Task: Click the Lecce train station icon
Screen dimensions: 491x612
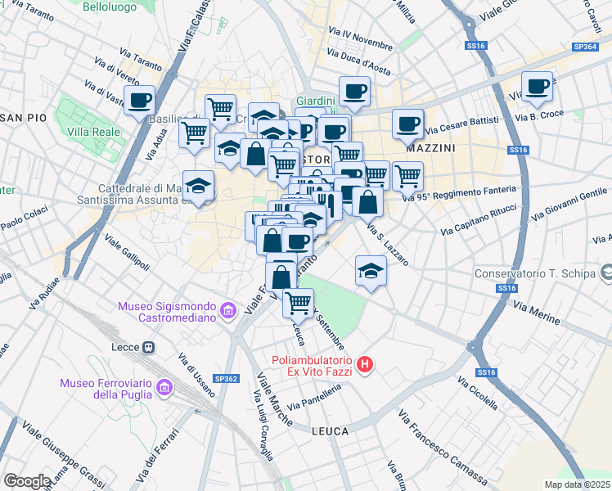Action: [148, 347]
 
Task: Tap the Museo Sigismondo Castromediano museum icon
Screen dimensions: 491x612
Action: [228, 310]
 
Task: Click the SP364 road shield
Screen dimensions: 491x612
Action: [585, 47]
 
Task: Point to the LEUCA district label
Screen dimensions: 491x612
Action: [330, 430]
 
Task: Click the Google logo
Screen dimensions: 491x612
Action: [27, 480]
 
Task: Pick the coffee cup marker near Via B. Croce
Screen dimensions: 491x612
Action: [538, 87]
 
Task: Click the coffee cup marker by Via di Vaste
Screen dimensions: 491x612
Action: [139, 101]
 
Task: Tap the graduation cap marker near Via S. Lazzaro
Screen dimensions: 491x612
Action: [371, 270]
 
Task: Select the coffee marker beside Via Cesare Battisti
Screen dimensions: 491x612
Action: [407, 124]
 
